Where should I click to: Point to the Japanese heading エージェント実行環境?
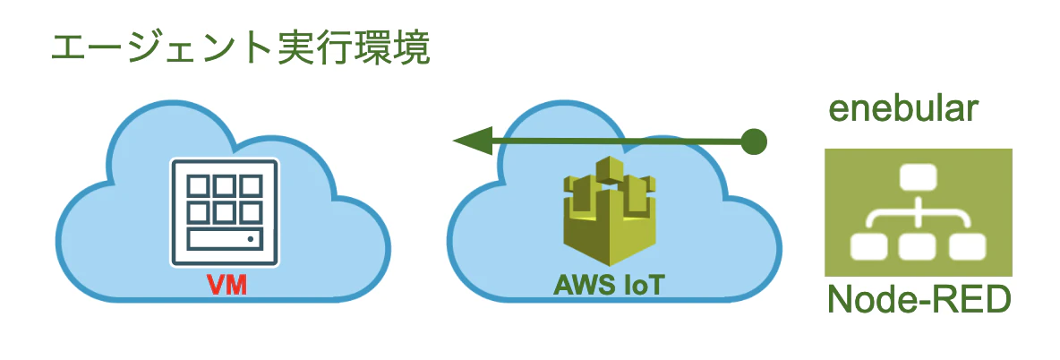click(240, 51)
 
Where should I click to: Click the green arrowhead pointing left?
click(473, 141)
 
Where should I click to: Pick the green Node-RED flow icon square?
click(918, 212)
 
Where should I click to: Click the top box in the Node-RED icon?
click(917, 178)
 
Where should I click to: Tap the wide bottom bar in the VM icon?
click(225, 240)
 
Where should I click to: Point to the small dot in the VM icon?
click(251, 239)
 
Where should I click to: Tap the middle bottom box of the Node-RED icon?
click(917, 246)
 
